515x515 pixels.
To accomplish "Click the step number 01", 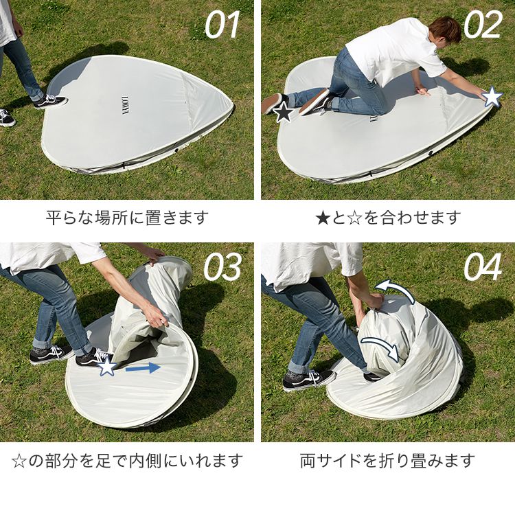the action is click(222, 25).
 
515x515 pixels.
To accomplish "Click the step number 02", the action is click(483, 25).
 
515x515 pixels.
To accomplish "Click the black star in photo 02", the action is click(284, 113).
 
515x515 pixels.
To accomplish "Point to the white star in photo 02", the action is click(492, 97).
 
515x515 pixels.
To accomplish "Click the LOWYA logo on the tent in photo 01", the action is click(126, 105).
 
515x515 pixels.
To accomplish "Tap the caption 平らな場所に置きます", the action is click(127, 218).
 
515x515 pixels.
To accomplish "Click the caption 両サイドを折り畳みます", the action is click(387, 460).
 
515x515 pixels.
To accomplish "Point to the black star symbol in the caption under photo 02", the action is click(323, 218).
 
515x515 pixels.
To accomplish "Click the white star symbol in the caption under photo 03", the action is click(19, 461).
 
